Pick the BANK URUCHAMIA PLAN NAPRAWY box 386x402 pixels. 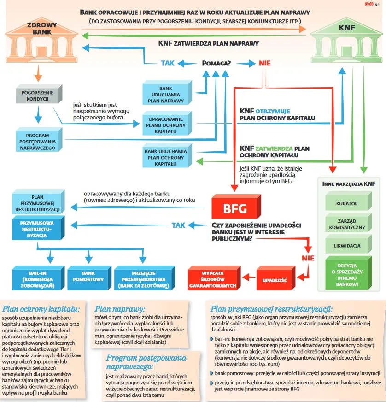165,94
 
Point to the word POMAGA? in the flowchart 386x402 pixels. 216,63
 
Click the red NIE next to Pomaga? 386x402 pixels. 264,63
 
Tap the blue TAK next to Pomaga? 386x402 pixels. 168,63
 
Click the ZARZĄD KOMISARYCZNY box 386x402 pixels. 347,224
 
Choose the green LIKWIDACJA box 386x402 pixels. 347,246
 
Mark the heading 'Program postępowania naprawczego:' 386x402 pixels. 146,362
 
